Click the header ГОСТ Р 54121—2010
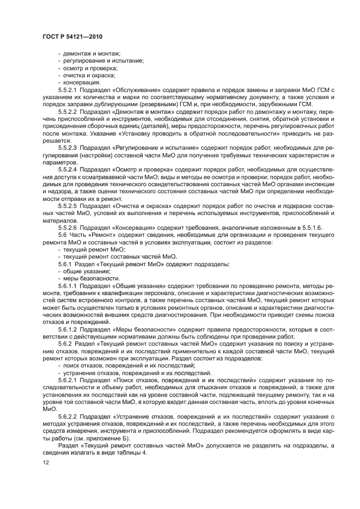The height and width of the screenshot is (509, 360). pos(72,36)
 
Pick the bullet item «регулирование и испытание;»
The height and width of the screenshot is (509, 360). pos(100,62)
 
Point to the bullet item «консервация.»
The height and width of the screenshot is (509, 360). pos(82,83)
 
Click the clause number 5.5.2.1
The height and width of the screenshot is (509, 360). pos(68,90)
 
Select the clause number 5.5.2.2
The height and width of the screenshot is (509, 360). pos(68,111)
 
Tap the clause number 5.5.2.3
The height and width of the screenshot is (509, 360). pos(68,147)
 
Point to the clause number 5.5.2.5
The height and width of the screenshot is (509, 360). pos(68,206)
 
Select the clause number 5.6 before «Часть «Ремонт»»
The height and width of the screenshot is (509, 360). pos(63,234)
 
